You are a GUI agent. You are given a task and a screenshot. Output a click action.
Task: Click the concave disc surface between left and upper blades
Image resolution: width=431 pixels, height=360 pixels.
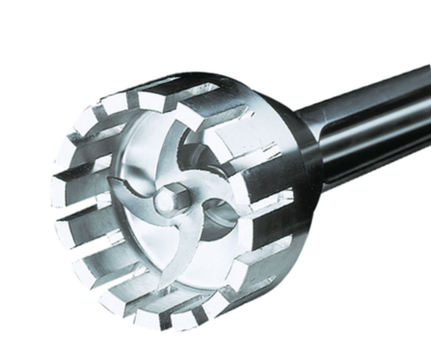[138, 159]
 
